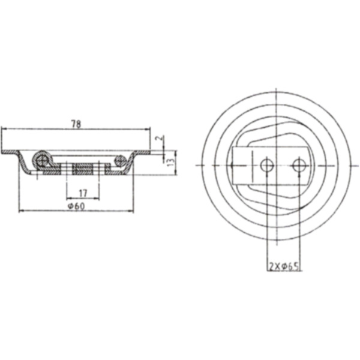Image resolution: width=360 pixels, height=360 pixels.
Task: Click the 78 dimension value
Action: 76,124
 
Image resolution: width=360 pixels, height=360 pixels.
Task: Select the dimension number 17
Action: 83,193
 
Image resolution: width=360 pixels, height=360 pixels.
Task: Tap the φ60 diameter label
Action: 76,206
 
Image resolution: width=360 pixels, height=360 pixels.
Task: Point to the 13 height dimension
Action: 171,161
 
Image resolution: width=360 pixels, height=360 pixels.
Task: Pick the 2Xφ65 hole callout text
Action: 284,265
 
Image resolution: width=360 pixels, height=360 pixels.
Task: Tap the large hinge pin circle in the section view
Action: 42,160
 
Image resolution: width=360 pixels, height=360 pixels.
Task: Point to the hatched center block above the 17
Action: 83,169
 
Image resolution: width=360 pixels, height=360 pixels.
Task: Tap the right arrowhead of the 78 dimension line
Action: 149,129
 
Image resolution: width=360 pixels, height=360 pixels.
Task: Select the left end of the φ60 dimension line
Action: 20,211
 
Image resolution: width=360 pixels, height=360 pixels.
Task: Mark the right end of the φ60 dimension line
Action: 131,211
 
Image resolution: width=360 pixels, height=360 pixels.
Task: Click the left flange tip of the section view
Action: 3,151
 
